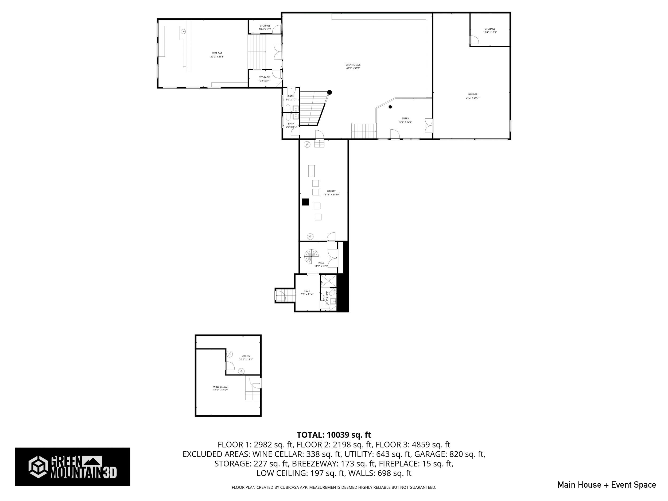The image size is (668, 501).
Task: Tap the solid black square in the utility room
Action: coord(305,202)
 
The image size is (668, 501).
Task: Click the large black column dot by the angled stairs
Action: coord(329,92)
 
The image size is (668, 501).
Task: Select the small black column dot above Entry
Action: coord(390,107)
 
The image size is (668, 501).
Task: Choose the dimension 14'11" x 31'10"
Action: coord(331,195)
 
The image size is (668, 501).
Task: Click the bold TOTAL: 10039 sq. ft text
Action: coord(334,435)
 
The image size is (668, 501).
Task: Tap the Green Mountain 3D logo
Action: coord(72,467)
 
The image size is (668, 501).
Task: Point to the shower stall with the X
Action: coord(328,281)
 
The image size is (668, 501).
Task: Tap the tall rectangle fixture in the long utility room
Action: coord(311,171)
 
